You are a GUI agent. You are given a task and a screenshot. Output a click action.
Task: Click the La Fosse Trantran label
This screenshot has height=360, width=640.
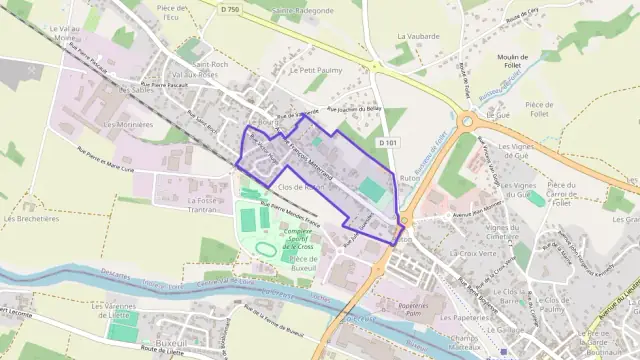point(207,204)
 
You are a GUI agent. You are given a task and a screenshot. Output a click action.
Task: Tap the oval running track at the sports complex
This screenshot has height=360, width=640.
point(265,247)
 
